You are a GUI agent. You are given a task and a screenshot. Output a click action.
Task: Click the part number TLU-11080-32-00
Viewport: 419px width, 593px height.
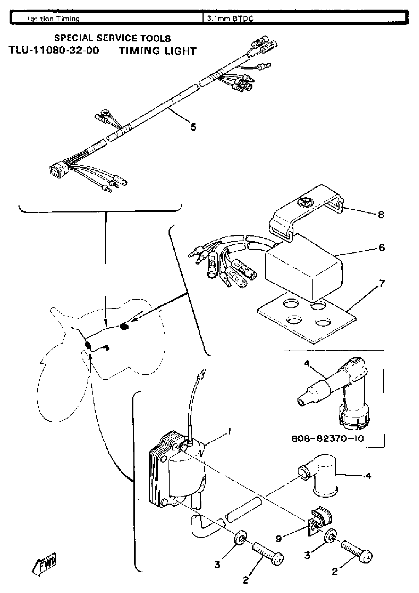click(54, 50)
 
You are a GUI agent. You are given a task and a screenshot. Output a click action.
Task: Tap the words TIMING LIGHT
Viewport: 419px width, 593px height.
click(157, 51)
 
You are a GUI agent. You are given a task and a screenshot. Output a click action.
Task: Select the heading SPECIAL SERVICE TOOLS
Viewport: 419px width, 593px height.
click(112, 38)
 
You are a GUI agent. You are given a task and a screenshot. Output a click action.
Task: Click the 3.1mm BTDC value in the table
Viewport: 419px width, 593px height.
click(230, 18)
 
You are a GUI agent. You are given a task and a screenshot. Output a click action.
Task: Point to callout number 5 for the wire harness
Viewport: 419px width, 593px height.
click(193, 127)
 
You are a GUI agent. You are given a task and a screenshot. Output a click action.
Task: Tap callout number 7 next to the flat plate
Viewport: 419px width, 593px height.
click(382, 283)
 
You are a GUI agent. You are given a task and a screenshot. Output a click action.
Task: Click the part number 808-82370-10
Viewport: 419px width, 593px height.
click(327, 439)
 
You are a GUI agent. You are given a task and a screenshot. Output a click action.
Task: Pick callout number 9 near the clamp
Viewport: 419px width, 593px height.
click(278, 539)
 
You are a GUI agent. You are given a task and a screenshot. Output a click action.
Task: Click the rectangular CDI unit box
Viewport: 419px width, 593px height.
click(304, 268)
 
